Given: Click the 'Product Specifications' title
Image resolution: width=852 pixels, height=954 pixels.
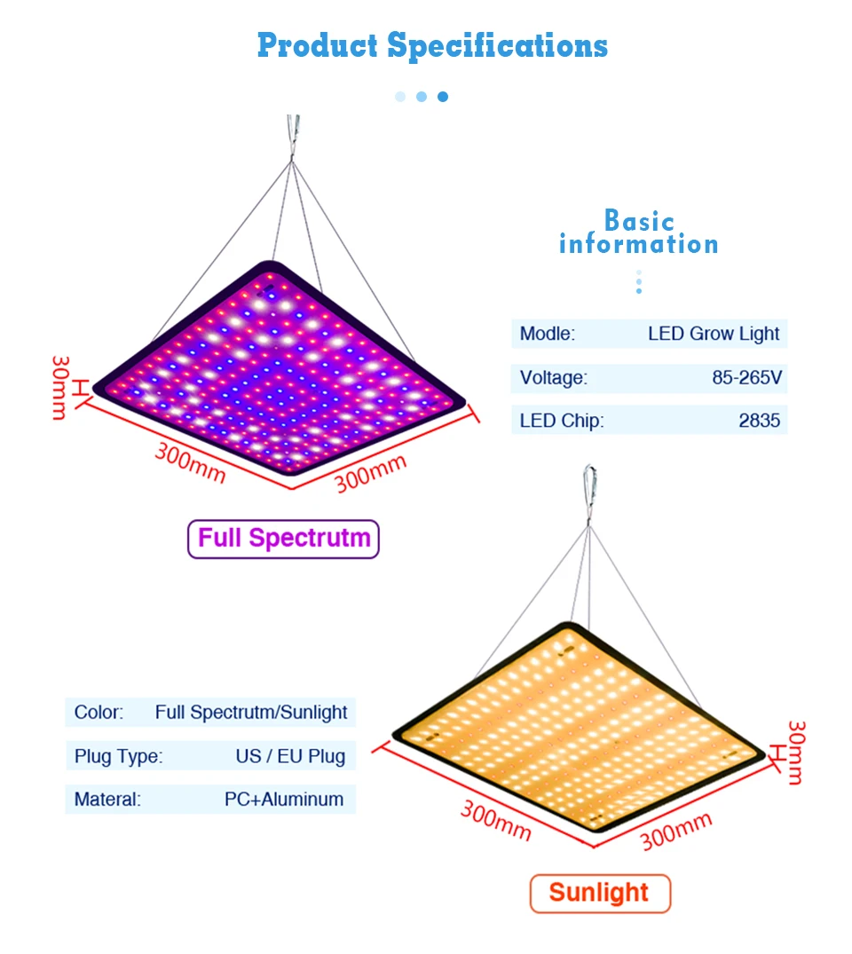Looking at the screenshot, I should [x=432, y=45].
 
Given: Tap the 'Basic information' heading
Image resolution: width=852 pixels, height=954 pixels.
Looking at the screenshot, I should [x=638, y=233].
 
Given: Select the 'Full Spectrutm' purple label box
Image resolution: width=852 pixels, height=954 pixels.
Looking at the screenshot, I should [x=283, y=539].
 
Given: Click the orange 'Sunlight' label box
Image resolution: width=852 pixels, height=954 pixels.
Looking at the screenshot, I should [x=599, y=893].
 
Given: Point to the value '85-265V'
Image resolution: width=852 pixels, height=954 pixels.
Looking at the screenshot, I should [x=746, y=378].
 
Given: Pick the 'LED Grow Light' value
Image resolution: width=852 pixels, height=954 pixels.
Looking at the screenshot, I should [x=713, y=335].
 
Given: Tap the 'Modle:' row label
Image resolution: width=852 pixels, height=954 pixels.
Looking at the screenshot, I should [x=547, y=335].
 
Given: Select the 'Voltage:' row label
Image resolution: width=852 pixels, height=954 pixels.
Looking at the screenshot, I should [x=553, y=378].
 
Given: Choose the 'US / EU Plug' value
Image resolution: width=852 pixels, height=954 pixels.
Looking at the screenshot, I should [x=289, y=756].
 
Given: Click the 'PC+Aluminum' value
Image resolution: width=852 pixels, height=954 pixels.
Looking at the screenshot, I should [x=283, y=799].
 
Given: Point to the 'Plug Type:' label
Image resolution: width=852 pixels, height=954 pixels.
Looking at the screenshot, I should [x=118, y=756].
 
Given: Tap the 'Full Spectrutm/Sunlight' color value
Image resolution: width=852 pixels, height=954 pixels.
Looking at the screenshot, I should [x=250, y=712].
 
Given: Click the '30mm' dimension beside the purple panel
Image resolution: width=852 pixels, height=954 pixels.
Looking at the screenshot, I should [x=59, y=388].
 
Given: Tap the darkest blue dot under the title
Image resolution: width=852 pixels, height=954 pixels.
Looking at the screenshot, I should [x=443, y=96].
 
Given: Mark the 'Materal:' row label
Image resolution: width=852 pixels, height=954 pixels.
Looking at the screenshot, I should [x=107, y=799].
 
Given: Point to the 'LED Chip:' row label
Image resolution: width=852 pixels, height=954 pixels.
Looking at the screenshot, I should [x=561, y=421].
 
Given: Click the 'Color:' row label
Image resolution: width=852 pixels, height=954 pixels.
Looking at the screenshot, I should [x=99, y=712].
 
